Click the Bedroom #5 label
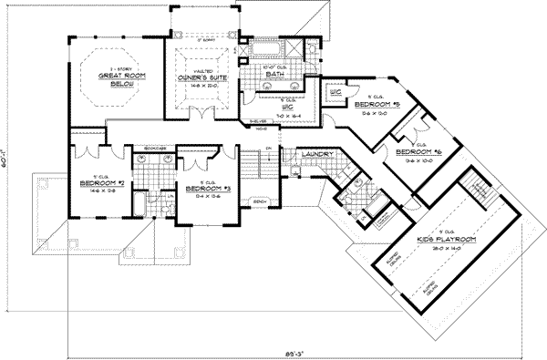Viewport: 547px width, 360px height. (x=377, y=106)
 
